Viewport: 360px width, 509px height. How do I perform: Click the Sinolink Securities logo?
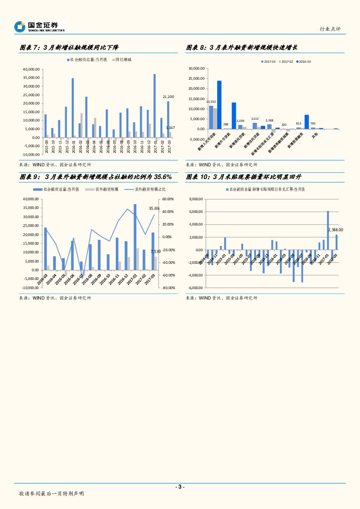39,27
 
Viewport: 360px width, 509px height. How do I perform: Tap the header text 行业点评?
330,29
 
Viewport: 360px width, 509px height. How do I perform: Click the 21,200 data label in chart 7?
168,97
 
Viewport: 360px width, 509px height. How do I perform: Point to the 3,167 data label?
170,128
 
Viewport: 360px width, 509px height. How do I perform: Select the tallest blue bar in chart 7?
155,106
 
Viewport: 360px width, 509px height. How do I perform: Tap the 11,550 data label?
211,101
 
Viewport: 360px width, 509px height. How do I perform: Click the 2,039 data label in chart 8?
240,121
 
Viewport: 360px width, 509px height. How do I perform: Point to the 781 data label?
313,124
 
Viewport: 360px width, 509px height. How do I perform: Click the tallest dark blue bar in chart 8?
219,104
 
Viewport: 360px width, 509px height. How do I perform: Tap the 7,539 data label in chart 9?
155,252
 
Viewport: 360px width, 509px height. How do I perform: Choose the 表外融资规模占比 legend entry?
147,189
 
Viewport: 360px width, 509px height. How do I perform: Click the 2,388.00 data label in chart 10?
335,229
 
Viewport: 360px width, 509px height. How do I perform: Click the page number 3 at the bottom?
180,487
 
